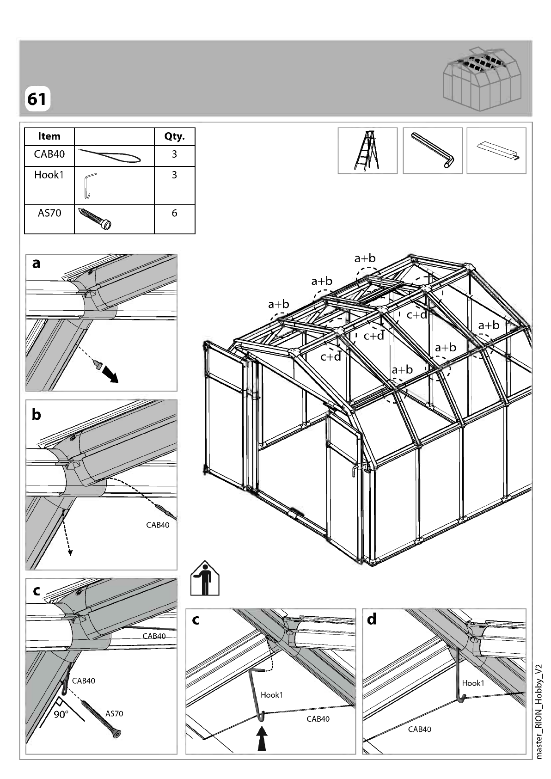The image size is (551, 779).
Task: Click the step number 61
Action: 37,99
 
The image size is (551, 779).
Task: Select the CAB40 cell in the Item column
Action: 49,154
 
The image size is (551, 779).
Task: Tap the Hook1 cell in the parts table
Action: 49,175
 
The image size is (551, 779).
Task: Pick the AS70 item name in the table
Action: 49,213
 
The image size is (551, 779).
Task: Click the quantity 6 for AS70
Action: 175,213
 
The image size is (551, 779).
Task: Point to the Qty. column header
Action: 175,137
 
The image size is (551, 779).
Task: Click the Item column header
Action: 49,136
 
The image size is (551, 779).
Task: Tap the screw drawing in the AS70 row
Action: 95,219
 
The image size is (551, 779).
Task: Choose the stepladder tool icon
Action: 367,151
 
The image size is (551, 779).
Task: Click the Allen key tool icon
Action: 433,151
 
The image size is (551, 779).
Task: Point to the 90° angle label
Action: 61,714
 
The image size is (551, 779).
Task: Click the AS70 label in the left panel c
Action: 114,714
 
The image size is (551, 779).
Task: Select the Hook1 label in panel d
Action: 473,683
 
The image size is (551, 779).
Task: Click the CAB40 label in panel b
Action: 158,525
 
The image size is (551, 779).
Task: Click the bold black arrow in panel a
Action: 110,375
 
